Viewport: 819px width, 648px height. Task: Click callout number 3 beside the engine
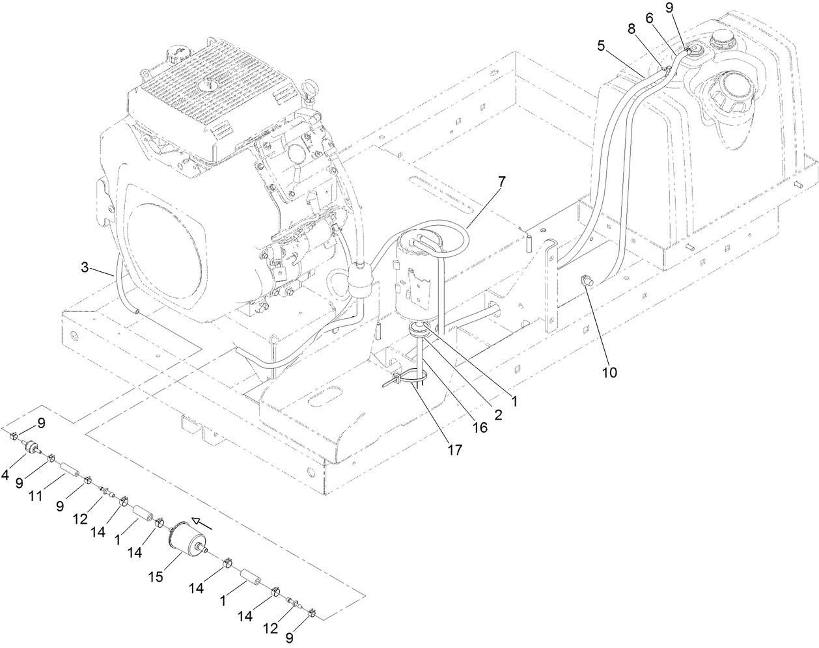click(x=85, y=267)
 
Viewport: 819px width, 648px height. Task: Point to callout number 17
click(x=454, y=449)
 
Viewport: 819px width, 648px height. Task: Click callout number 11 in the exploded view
click(x=35, y=496)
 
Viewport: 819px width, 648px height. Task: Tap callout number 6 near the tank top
click(x=649, y=20)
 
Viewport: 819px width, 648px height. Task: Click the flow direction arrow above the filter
click(x=201, y=522)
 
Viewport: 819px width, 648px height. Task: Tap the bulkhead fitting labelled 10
click(x=586, y=281)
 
